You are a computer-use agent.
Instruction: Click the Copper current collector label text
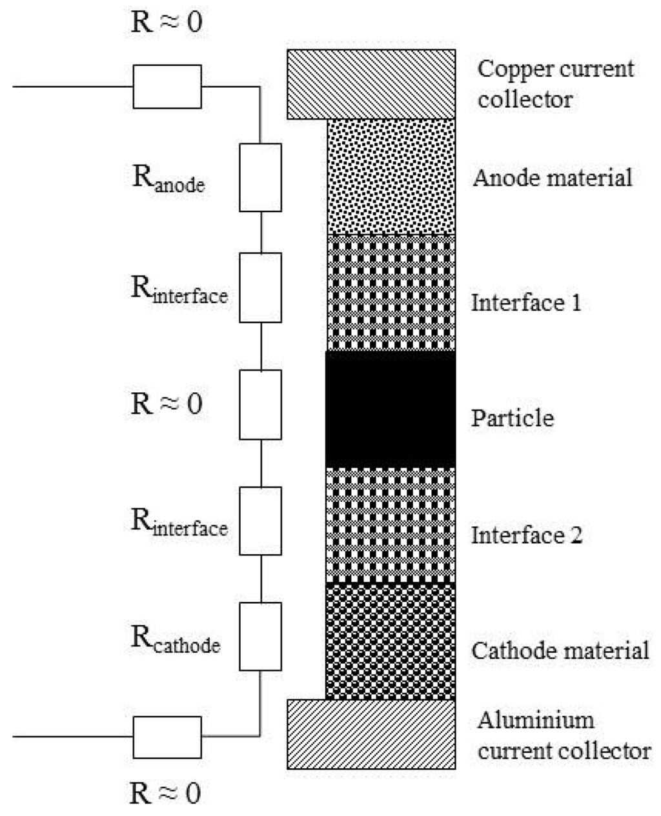pos(554,84)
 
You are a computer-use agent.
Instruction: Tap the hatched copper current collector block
pos(372,84)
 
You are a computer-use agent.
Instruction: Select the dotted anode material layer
pos(391,176)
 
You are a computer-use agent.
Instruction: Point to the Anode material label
pos(552,177)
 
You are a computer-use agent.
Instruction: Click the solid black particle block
pos(391,409)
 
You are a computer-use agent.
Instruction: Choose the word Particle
pos(513,418)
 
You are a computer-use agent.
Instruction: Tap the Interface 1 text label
pos(526,302)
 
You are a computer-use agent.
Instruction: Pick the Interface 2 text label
pos(527,535)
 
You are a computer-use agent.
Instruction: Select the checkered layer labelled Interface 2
pos(391,525)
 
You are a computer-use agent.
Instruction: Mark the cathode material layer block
pos(391,641)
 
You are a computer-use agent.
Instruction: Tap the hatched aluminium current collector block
pos(372,733)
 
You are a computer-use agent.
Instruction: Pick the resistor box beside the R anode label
pos(260,177)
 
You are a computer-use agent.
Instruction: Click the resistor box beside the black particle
pos(260,404)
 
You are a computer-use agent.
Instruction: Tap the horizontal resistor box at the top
pos(167,86)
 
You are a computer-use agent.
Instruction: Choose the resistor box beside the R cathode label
pos(260,636)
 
